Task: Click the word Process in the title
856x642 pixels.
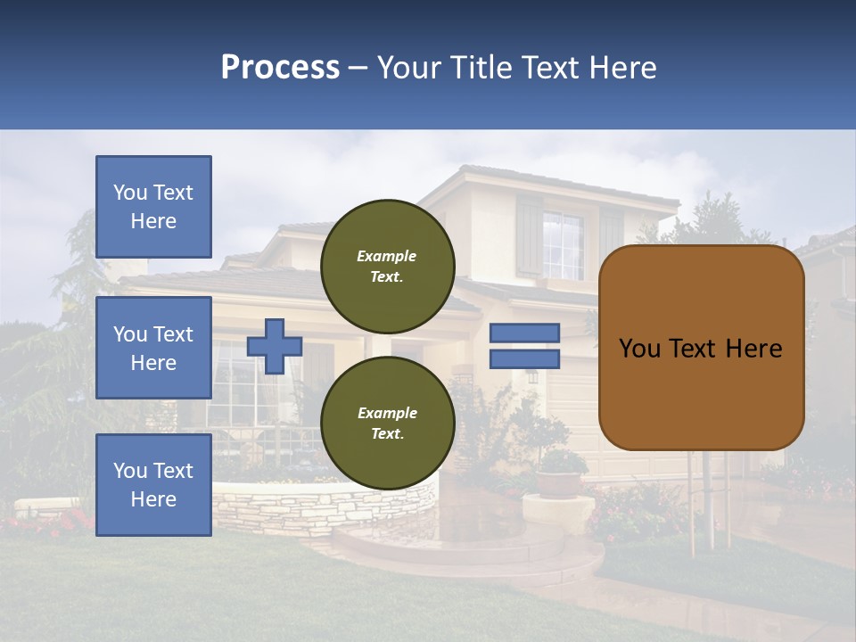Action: [280, 68]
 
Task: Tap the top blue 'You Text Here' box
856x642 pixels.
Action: [153, 207]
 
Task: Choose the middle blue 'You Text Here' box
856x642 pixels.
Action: [153, 348]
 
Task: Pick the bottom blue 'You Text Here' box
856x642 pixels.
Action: [153, 484]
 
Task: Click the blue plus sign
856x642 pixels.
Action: [275, 346]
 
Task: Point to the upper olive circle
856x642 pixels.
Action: [388, 266]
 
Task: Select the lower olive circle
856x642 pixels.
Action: [388, 423]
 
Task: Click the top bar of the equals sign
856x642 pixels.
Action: [524, 333]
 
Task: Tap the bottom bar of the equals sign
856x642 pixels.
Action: [524, 358]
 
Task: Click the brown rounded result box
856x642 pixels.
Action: [701, 348]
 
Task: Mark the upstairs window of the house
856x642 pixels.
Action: [563, 244]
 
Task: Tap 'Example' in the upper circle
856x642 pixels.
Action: [387, 256]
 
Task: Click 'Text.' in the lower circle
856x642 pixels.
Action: [387, 434]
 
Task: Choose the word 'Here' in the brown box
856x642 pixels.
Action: [753, 349]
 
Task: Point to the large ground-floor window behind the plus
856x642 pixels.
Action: [236, 383]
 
